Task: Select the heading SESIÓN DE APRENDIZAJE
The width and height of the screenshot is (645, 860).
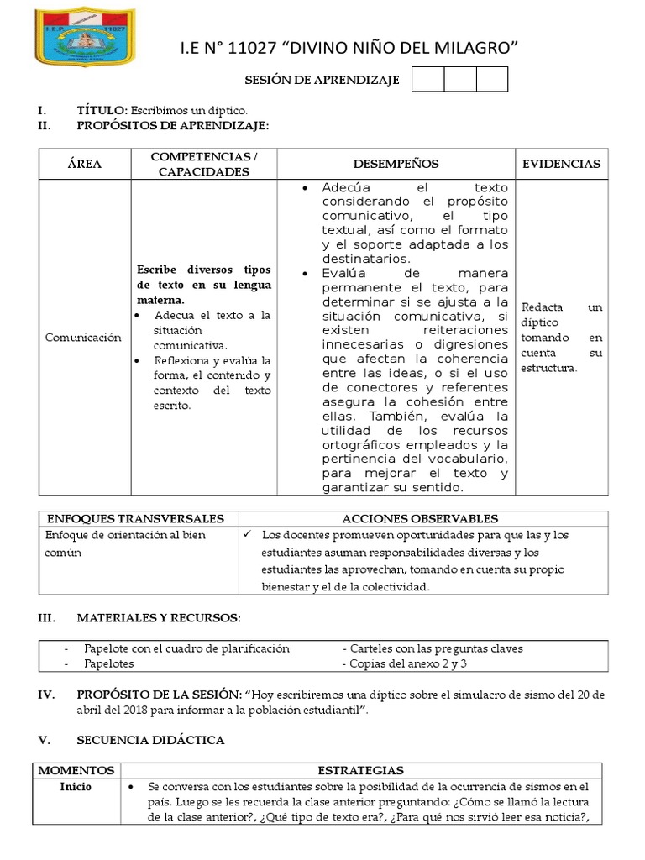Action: [322, 80]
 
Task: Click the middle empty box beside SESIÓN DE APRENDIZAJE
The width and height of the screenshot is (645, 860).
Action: [460, 79]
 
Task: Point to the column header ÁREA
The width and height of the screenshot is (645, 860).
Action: [85, 165]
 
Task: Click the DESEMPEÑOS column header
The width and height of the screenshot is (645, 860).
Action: [396, 165]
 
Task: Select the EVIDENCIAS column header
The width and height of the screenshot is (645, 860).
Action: [562, 165]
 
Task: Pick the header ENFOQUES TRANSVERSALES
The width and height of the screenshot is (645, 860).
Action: [134, 519]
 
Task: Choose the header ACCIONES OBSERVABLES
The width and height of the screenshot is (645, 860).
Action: [420, 519]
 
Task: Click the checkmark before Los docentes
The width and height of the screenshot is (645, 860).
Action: [247, 535]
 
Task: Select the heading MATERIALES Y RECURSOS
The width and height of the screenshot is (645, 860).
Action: [159, 618]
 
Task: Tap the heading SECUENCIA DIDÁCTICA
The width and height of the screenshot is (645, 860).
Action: [150, 740]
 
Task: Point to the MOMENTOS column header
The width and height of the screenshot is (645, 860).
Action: [76, 770]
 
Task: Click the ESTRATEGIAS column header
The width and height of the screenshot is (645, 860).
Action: [361, 770]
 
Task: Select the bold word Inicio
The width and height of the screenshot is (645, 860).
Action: [76, 787]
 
